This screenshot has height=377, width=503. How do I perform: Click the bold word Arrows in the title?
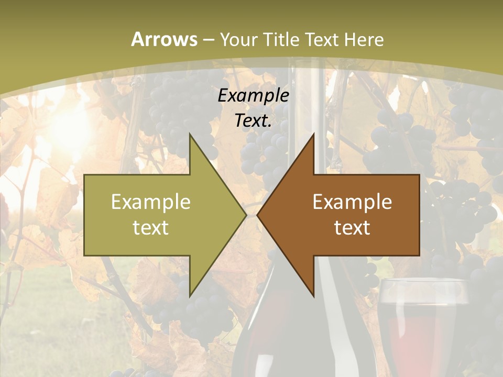164,39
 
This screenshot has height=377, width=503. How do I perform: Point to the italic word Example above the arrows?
254,96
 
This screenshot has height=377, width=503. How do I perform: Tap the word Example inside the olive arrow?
151,202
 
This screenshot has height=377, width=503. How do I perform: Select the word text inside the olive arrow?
151,228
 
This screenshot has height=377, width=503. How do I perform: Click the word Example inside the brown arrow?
352,202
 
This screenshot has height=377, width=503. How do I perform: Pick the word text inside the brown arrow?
352,228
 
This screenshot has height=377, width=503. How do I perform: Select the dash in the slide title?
208,40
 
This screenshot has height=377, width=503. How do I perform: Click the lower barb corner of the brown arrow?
313,296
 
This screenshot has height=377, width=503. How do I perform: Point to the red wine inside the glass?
419,335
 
